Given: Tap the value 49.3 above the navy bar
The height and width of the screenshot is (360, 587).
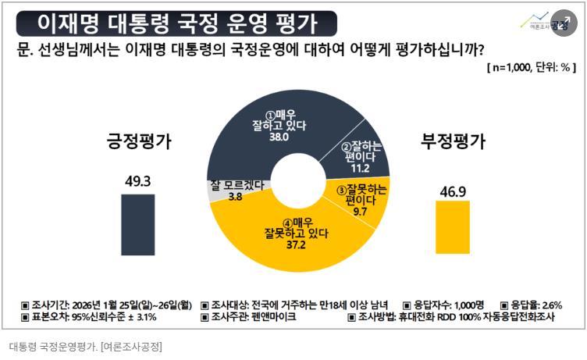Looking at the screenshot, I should pyautogui.click(x=137, y=181).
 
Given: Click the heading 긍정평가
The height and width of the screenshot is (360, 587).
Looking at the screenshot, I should pyautogui.click(x=139, y=142).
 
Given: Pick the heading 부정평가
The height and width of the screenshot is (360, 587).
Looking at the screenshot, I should pyautogui.click(x=454, y=142).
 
